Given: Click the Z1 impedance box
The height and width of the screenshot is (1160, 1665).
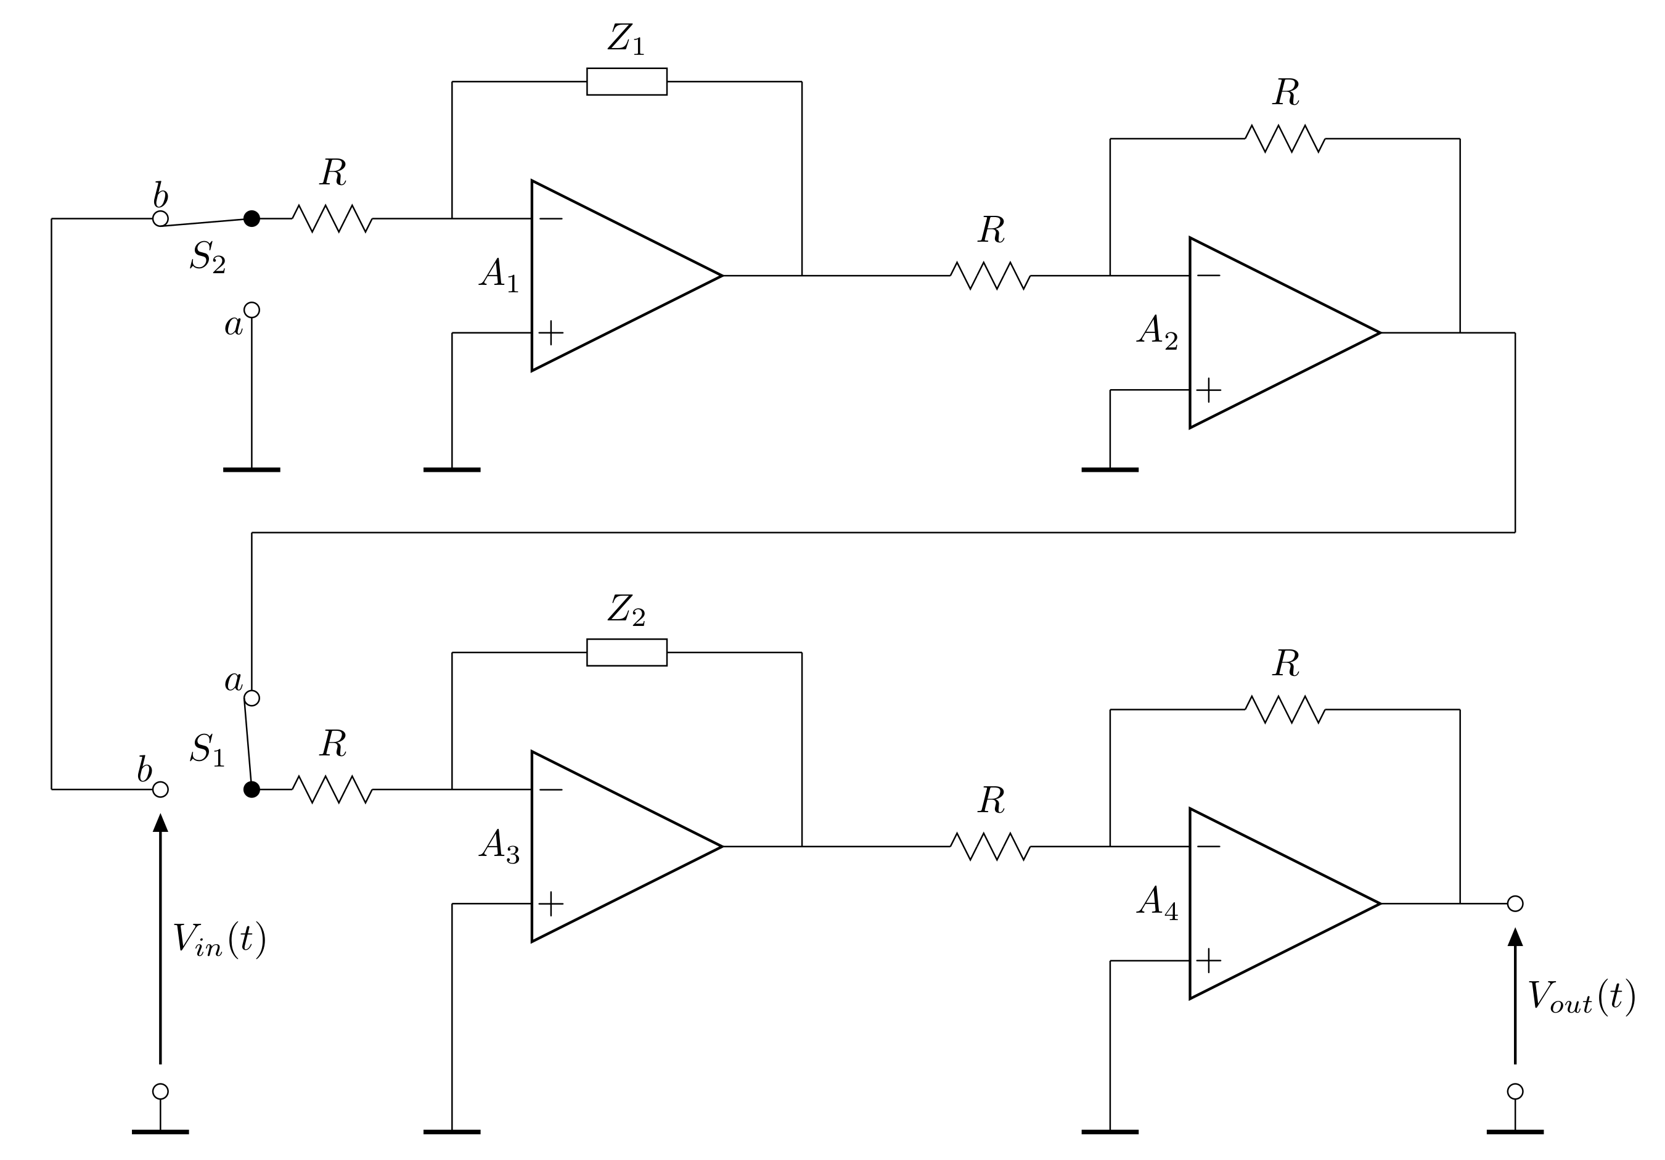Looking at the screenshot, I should tap(626, 81).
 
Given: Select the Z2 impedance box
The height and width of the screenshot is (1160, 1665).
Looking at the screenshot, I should tap(626, 652).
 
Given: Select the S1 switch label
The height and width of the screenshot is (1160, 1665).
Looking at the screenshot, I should tap(207, 750).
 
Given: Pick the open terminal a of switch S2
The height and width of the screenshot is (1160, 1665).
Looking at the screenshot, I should tap(252, 310).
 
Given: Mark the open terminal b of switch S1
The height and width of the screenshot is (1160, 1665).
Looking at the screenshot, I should tap(160, 789).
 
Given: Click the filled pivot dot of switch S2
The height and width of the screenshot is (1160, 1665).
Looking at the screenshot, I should tap(252, 218).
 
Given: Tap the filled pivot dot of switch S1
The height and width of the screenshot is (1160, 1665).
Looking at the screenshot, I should tap(252, 789).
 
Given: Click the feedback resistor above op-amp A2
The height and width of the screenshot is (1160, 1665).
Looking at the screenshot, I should tap(1285, 139).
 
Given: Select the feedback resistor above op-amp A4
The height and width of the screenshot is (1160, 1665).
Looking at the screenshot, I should tap(1285, 709).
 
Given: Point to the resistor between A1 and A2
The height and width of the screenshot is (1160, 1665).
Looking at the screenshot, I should tap(991, 276).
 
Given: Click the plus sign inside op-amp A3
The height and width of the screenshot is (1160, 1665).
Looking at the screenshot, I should tap(551, 903).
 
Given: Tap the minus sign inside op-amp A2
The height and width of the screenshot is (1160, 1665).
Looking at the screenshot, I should tap(1208, 276).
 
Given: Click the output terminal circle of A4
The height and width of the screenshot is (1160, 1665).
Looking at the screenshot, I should tap(1515, 903).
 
